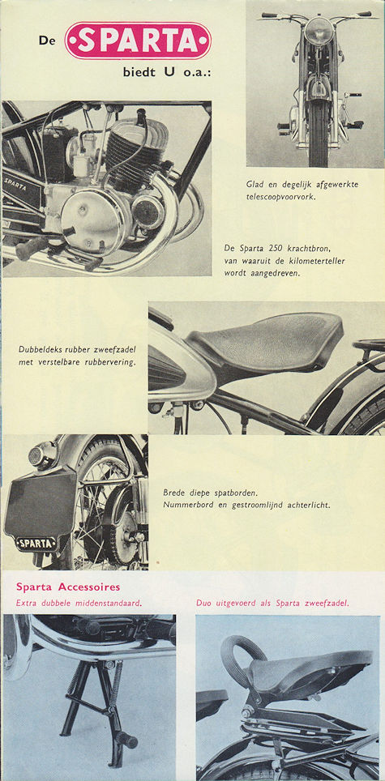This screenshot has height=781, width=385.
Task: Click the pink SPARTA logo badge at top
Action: pos(138,41)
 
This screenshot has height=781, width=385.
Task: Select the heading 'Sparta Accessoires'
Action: pos(68,587)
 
